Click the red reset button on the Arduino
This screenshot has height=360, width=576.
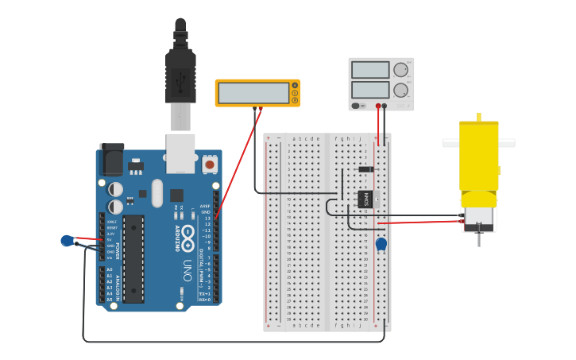click(x=210, y=164)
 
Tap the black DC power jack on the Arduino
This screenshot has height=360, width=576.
click(x=110, y=160)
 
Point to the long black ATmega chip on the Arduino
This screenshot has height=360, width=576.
click(x=133, y=258)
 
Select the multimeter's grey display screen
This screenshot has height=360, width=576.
click(x=253, y=93)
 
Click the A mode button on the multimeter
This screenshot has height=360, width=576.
click(x=295, y=86)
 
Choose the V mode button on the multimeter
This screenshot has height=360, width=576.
click(x=295, y=93)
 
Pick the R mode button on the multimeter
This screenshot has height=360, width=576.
click(x=295, y=100)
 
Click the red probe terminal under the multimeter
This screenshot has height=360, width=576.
click(x=260, y=108)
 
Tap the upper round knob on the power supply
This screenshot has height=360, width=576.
click(x=400, y=70)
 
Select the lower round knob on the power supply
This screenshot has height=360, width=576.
click(x=400, y=89)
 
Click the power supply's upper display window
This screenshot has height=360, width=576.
click(x=370, y=70)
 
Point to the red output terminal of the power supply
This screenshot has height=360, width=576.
click(x=378, y=105)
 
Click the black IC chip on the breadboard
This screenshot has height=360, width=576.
click(x=366, y=199)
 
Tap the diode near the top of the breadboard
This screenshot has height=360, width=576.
click(x=365, y=168)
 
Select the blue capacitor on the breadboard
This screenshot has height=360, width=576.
click(x=381, y=244)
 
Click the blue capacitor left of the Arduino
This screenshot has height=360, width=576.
click(x=67, y=241)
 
